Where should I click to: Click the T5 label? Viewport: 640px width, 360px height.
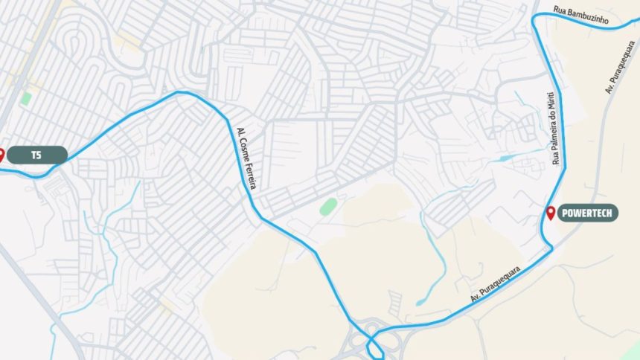(x=36, y=155)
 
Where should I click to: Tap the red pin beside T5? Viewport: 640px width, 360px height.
(x=1, y=155)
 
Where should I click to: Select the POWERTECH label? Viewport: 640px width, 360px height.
(x=586, y=213)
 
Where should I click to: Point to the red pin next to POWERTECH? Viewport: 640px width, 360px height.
(x=551, y=213)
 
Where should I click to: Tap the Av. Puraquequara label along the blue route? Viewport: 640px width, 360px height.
(x=497, y=283)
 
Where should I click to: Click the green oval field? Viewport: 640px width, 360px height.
(x=328, y=206)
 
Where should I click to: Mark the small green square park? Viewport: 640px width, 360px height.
(x=26, y=97)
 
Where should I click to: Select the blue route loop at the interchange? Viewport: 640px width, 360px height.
(x=374, y=345)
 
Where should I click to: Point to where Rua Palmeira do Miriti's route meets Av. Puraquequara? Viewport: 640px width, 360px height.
(x=552, y=251)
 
